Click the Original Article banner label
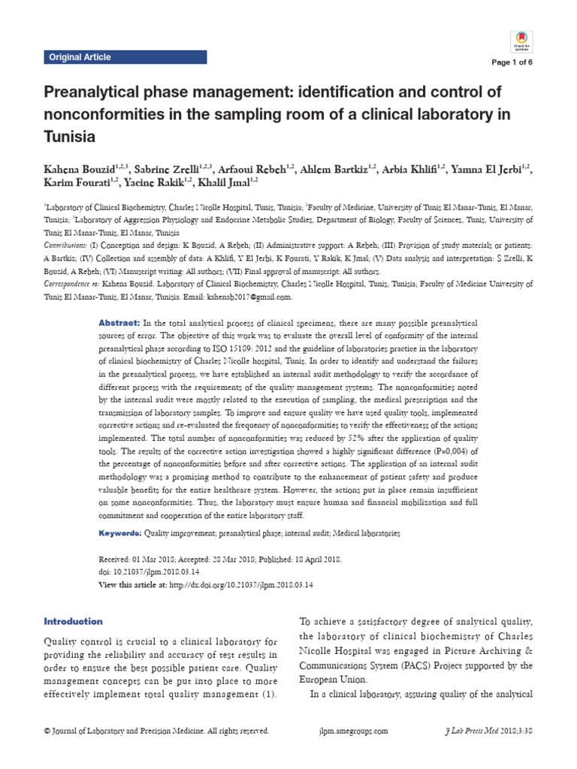coord(80,57)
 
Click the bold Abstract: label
coord(119,321)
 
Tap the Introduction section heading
coord(73,621)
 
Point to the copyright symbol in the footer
coord(47,730)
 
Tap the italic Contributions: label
coord(65,246)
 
